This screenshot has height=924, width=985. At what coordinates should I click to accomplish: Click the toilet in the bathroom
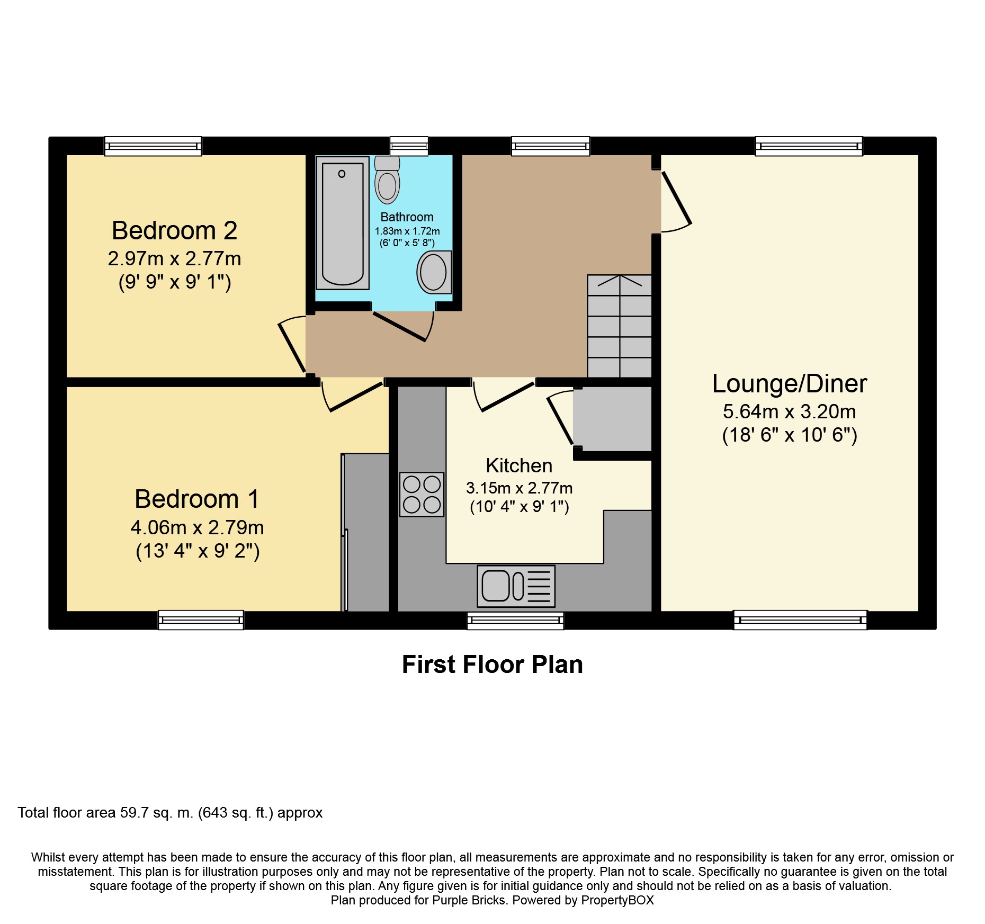pyautogui.click(x=387, y=180)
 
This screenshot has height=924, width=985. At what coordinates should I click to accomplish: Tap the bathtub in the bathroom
pyautogui.click(x=343, y=223)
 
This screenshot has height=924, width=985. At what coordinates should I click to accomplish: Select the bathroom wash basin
pyautogui.click(x=434, y=272)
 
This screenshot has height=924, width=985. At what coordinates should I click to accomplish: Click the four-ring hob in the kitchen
pyautogui.click(x=422, y=494)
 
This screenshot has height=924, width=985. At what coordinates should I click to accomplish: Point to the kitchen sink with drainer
pyautogui.click(x=516, y=586)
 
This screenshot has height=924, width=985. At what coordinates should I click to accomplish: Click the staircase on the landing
pyautogui.click(x=620, y=326)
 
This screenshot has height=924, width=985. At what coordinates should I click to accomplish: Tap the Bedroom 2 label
pyautogui.click(x=174, y=230)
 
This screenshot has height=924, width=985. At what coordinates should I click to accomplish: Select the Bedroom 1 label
pyautogui.click(x=197, y=499)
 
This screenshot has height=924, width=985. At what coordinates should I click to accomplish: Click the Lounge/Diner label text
pyautogui.click(x=790, y=384)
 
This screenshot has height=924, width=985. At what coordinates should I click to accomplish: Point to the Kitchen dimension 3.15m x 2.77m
pyautogui.click(x=519, y=488)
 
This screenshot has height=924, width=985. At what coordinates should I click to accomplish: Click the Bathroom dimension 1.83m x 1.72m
pyautogui.click(x=407, y=231)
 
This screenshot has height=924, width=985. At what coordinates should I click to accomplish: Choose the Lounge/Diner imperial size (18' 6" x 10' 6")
pyautogui.click(x=790, y=435)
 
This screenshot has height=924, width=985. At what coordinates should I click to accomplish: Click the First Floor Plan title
pyautogui.click(x=492, y=665)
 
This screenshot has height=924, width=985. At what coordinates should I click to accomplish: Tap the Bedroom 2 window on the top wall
pyautogui.click(x=153, y=146)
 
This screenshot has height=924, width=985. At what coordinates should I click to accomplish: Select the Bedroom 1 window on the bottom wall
pyautogui.click(x=201, y=620)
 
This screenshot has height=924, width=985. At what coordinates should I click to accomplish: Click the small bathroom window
pyautogui.click(x=409, y=146)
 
